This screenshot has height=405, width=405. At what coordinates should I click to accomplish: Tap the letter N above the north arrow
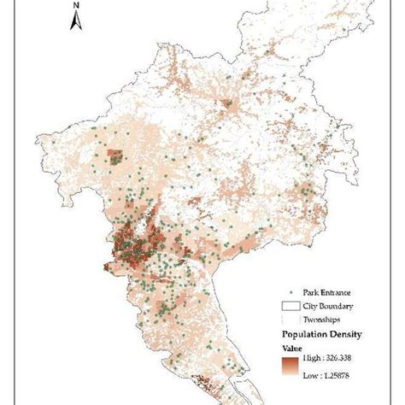coord(75,7)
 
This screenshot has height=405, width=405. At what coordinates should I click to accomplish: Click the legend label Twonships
coord(319,318)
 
